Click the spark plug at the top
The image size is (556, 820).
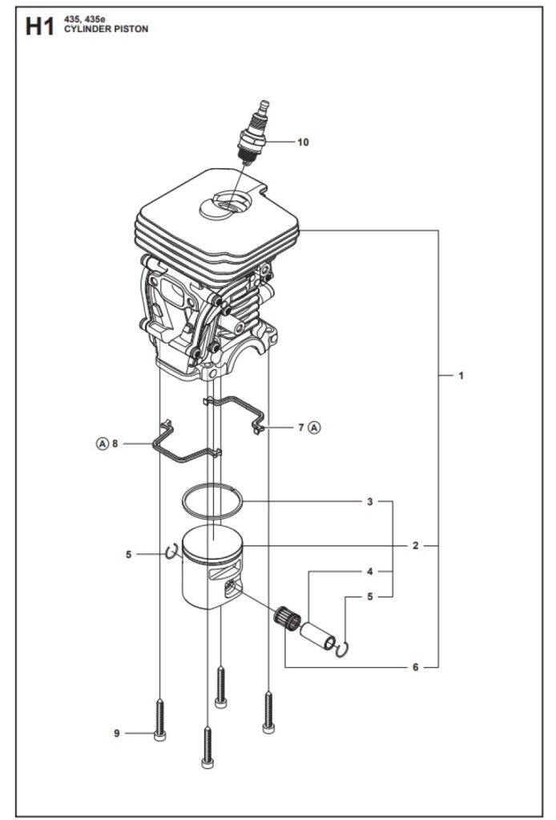pyautogui.click(x=255, y=134)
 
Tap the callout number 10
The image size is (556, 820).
pyautogui.click(x=303, y=143)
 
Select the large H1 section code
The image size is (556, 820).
pyautogui.click(x=40, y=27)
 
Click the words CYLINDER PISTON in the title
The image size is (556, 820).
pyautogui.click(x=107, y=30)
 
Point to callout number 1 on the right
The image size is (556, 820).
pyautogui.click(x=461, y=376)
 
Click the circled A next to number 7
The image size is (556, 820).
pyautogui.click(x=314, y=428)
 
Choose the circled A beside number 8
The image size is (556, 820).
pyautogui.click(x=102, y=444)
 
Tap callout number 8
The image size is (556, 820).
pyautogui.click(x=115, y=444)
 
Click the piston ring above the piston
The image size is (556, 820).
pyautogui.click(x=213, y=501)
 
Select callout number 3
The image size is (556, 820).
pyautogui.click(x=370, y=501)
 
